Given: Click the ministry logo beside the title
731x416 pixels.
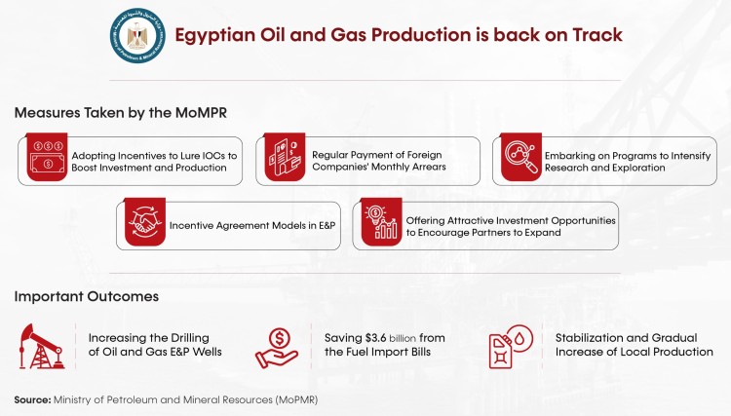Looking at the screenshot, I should [x=137, y=35].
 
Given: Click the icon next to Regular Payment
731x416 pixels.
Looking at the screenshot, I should [x=282, y=161].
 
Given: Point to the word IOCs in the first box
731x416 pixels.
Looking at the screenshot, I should [x=195, y=155].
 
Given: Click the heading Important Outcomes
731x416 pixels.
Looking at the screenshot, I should [x=86, y=296].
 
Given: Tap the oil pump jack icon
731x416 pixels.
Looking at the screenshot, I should [x=43, y=345].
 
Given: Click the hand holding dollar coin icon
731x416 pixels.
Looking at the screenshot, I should [x=277, y=345].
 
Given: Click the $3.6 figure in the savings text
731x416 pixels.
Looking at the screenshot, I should [x=381, y=337].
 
